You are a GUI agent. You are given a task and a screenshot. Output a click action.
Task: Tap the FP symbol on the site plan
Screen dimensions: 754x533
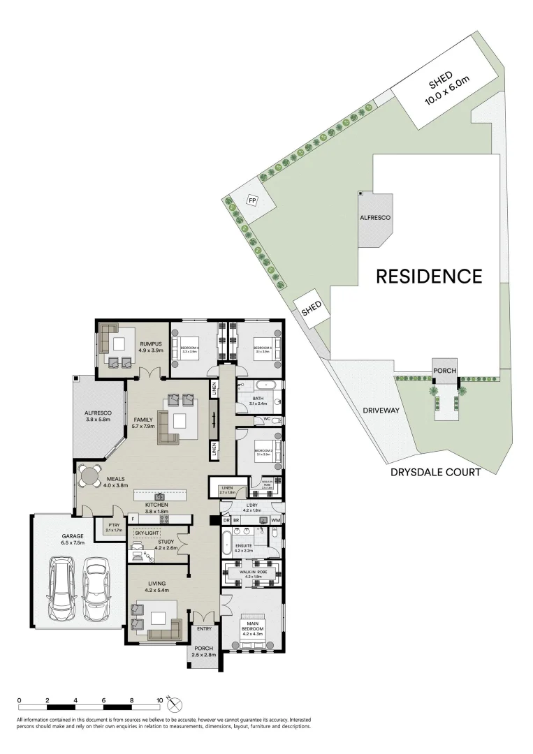pos(252,201)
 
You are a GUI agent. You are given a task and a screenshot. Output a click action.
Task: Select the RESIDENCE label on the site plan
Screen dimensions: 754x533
pos(429,276)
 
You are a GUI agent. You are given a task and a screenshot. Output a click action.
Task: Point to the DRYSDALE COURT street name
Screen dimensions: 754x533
pos(435,473)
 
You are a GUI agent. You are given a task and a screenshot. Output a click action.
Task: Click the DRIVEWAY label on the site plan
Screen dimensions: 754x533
pos(380,411)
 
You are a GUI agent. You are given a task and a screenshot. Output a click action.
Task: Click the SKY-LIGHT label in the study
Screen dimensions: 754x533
pos(148,532)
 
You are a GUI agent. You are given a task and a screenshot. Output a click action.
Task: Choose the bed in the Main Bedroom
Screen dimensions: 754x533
pos(252,626)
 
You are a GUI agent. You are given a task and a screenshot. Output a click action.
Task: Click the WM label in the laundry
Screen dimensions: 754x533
pos(275,520)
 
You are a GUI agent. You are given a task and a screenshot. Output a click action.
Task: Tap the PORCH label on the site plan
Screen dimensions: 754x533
pos(444,371)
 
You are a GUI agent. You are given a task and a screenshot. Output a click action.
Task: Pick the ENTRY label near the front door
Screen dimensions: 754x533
pos(203,629)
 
